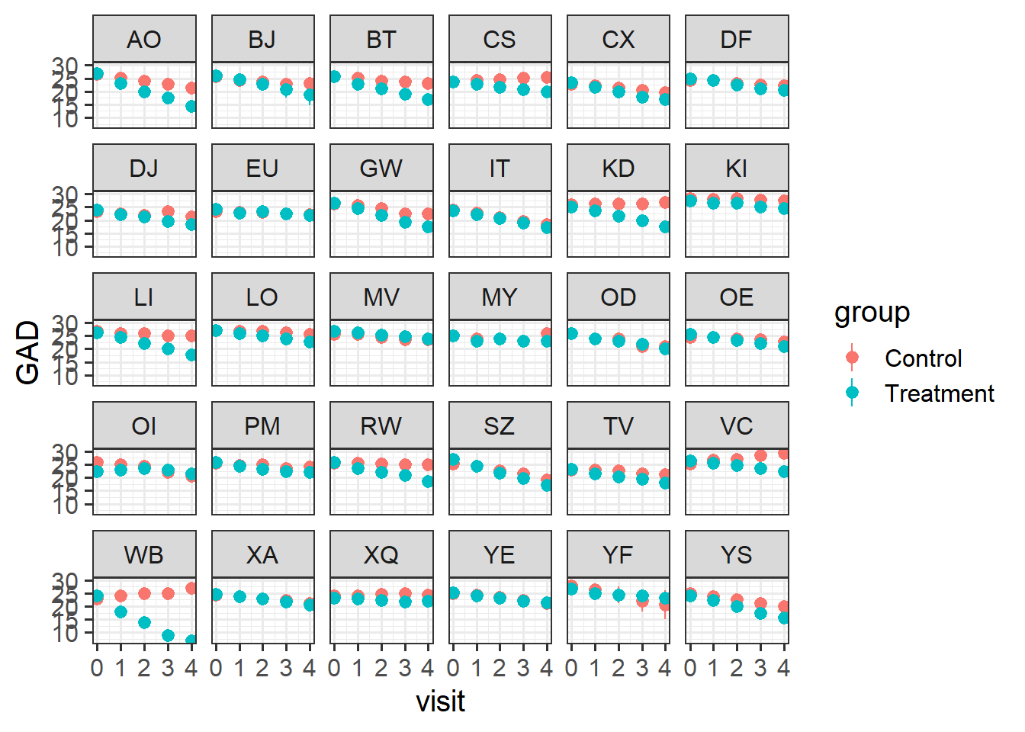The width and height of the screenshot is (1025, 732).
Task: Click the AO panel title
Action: point(144,40)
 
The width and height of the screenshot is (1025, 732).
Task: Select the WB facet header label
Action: point(144,555)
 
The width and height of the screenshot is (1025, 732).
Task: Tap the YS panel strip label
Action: point(736,555)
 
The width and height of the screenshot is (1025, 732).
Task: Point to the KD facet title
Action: point(618,169)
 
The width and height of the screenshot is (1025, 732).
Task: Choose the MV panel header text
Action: point(381,297)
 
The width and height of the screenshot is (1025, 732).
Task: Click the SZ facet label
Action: point(499,426)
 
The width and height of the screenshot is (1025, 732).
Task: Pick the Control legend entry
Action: point(923,358)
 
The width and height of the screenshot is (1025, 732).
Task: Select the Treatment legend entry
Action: point(939,393)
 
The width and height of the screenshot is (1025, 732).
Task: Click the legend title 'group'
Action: point(872,313)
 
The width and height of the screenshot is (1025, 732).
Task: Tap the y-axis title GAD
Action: point(28,352)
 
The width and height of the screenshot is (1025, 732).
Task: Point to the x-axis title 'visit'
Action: point(440,701)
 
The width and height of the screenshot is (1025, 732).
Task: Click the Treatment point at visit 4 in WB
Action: point(191,641)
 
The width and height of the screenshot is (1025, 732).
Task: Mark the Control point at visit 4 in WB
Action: point(191,589)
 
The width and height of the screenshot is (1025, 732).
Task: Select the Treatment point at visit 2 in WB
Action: point(144,623)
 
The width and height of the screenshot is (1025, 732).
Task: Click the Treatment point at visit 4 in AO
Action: point(191,107)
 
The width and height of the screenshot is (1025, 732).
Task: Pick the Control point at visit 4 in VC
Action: point(783,454)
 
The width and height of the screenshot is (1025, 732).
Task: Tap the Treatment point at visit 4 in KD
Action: point(665,226)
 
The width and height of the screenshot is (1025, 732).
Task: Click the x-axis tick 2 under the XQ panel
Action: point(381,669)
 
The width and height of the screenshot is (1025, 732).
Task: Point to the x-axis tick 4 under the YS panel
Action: point(783,669)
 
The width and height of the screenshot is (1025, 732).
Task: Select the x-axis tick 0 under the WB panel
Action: point(97,669)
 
